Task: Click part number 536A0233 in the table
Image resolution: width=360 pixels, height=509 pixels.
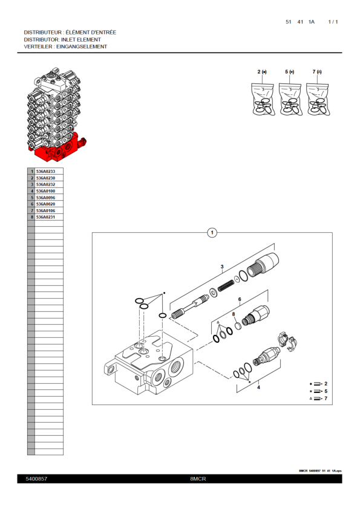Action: [x=45, y=172]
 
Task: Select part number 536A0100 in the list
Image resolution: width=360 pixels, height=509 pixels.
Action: [x=45, y=191]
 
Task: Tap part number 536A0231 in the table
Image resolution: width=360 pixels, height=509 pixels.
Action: [x=45, y=216]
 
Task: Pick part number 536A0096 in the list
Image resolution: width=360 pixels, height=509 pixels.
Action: [x=45, y=198]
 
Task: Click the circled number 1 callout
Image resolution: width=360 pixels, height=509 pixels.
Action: [x=212, y=232]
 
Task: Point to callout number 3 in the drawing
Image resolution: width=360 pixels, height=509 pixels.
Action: [x=222, y=267]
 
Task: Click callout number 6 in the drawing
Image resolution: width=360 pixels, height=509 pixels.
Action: [x=240, y=299]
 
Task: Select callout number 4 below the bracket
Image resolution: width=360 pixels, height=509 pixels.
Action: [x=258, y=387]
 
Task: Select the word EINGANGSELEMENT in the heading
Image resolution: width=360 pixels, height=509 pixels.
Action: [x=82, y=47]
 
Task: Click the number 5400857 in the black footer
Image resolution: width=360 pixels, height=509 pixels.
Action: [x=36, y=479]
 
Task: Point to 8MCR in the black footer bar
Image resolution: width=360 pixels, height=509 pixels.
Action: [x=198, y=479]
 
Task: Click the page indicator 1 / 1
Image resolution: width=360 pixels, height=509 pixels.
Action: [x=333, y=22]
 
